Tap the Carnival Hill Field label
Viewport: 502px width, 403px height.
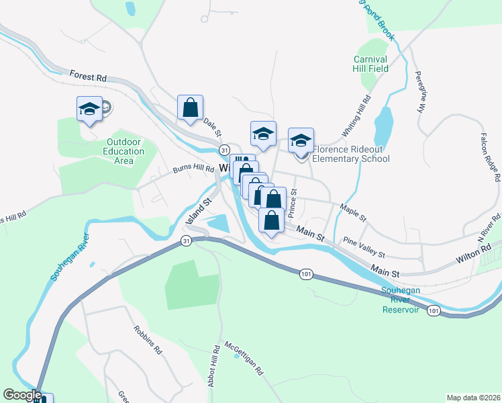371,64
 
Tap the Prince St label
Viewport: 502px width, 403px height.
293,204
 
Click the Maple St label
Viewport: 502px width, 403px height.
353,213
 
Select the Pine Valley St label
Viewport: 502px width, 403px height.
364,248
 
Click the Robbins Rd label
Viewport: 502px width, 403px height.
148,341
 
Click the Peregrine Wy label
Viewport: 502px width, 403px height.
421,91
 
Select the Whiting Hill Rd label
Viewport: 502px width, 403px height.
362,118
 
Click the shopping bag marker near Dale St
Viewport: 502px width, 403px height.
190,107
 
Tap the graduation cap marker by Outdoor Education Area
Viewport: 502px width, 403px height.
89,109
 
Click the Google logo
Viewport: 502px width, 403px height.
22,395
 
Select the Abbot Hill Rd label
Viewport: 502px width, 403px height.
216,367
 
